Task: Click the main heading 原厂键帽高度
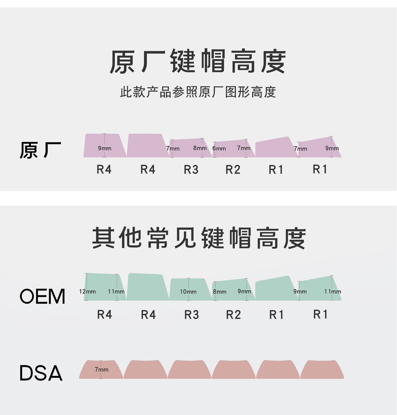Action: (198, 61)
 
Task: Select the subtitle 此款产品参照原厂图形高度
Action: (198, 92)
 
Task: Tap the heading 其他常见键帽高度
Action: (199, 238)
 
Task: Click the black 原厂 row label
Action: (40, 150)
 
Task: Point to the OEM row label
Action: (42, 296)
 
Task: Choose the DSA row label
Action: (41, 373)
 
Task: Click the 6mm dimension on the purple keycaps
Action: (219, 148)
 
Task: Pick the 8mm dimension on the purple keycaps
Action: (200, 148)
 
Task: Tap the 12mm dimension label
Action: (87, 291)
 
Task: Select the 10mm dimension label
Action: (188, 292)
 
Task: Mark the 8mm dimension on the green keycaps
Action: (220, 292)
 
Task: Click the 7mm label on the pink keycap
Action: (102, 369)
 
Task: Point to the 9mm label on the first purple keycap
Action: (105, 148)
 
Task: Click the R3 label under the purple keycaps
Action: (191, 170)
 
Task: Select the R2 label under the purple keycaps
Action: (233, 170)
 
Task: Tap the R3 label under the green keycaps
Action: (191, 315)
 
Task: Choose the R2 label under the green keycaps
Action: (233, 315)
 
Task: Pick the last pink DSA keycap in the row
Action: (322, 369)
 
